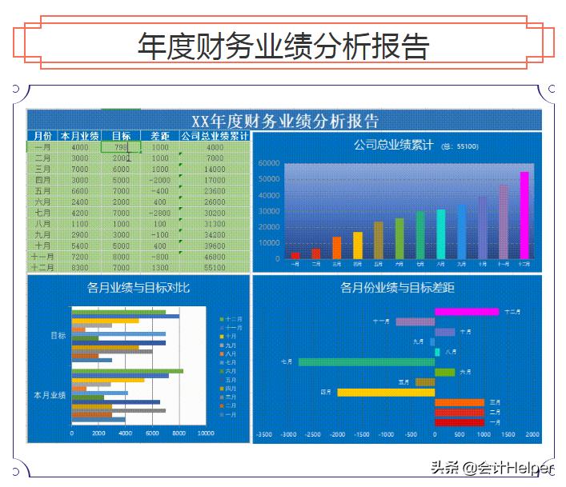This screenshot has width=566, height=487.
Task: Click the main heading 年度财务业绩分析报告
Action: click(x=283, y=46)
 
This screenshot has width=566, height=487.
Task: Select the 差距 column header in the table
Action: click(x=159, y=136)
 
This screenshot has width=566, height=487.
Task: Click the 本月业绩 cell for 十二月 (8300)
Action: click(x=79, y=268)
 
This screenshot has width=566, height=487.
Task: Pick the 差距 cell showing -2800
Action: click(x=159, y=214)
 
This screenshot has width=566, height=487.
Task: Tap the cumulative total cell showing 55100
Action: click(x=215, y=268)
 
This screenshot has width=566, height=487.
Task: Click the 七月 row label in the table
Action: click(x=42, y=214)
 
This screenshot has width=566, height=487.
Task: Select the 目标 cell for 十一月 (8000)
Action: click(x=121, y=257)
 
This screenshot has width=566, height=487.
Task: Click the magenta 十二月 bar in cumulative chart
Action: click(x=524, y=214)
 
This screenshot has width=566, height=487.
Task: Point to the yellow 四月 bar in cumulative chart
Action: click(x=358, y=245)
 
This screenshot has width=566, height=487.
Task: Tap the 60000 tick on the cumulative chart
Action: click(x=270, y=163)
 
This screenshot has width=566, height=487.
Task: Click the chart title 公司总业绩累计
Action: click(x=393, y=145)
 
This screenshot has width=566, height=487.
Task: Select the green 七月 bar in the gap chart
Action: click(x=366, y=362)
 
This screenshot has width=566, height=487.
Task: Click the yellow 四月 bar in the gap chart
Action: click(x=386, y=392)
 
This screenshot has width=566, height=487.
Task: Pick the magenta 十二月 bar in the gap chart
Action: click(x=466, y=312)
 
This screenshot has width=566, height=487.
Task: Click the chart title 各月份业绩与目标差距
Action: click(x=397, y=287)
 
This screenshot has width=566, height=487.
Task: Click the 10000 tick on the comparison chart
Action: click(x=206, y=434)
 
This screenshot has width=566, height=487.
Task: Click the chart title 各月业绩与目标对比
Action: click(x=138, y=287)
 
